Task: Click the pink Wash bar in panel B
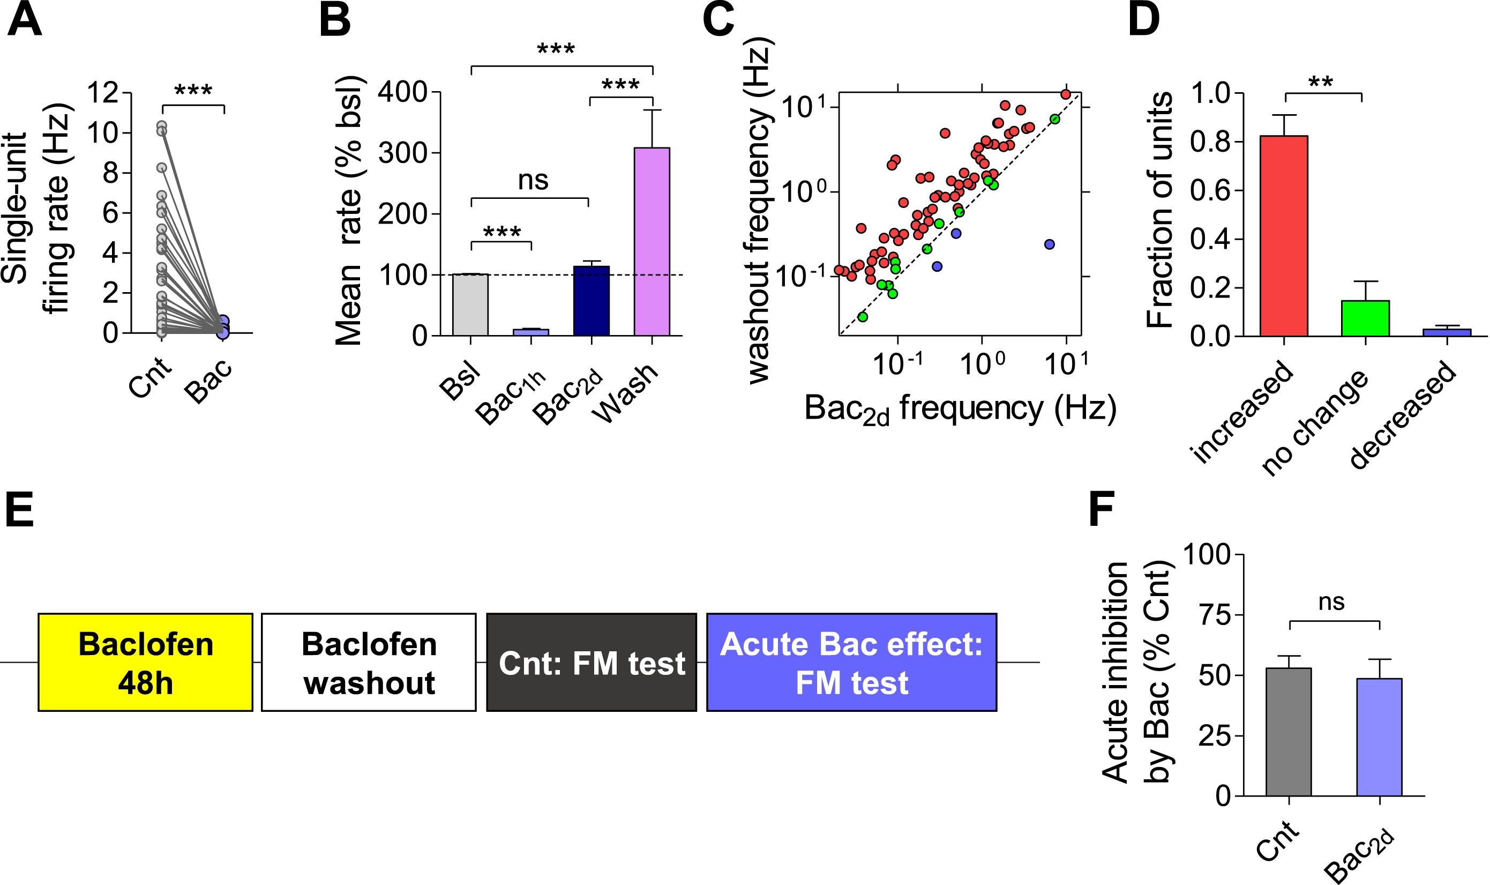(x=652, y=242)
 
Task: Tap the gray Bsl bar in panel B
(x=470, y=305)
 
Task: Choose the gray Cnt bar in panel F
(x=1289, y=732)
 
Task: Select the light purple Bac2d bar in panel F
(x=1379, y=737)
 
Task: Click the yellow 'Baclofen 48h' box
(x=145, y=663)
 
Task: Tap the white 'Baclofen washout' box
(x=369, y=663)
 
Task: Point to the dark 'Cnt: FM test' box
(x=591, y=663)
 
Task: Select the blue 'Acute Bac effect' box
(x=851, y=663)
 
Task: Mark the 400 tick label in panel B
(x=402, y=92)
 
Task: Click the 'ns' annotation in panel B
(x=532, y=180)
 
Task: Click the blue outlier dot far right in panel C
(x=1050, y=244)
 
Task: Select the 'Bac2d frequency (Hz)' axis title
(x=960, y=410)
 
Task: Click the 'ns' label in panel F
(x=1331, y=603)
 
